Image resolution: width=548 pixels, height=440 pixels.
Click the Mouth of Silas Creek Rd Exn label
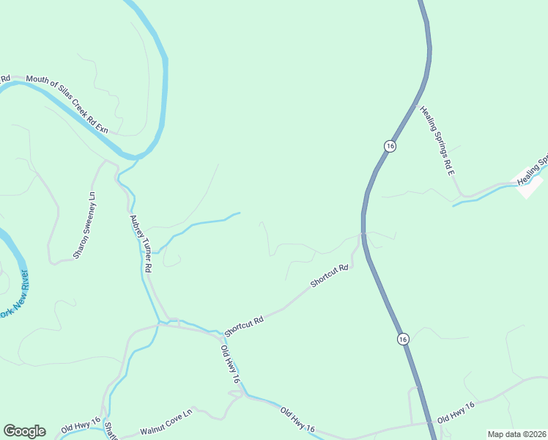[67, 104]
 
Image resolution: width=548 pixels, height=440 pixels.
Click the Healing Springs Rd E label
[437, 139]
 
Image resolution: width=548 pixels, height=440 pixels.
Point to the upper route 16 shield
[390, 146]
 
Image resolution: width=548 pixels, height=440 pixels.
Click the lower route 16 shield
[403, 339]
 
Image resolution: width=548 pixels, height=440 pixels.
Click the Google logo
[24, 430]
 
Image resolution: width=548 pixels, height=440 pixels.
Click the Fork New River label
[14, 294]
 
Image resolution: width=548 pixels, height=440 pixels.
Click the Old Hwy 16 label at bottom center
[297, 419]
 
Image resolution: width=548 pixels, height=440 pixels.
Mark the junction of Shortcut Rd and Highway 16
[363, 235]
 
